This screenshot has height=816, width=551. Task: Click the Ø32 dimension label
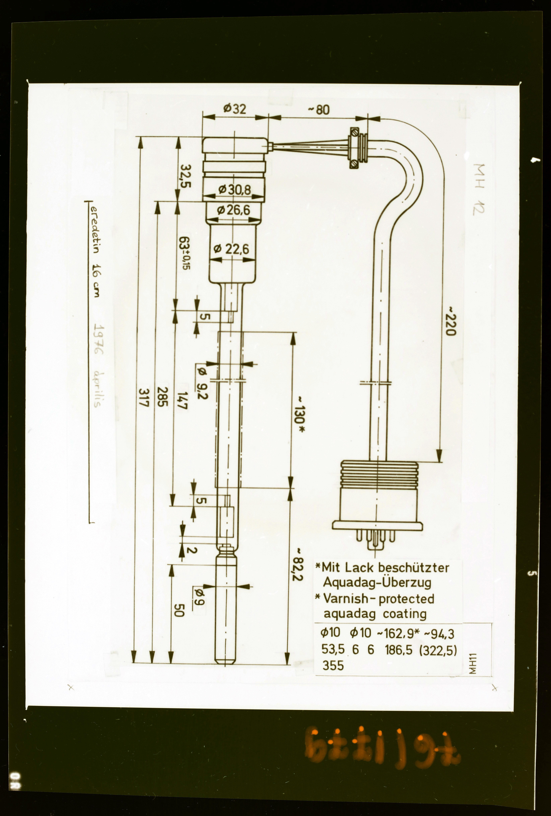click(235, 109)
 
